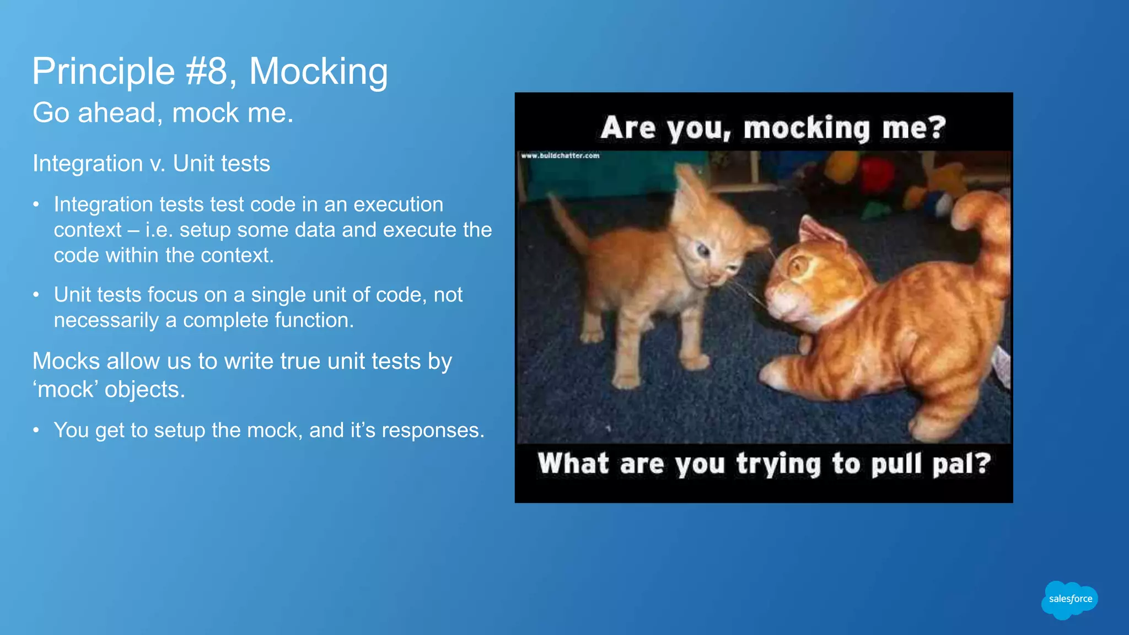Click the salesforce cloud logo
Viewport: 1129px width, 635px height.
(1069, 599)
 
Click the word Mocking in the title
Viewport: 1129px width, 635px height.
(319, 72)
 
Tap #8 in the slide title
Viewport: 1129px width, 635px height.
(207, 72)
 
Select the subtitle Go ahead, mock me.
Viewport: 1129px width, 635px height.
(163, 113)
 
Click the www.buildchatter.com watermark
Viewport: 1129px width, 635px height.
(560, 156)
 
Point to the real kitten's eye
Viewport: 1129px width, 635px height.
(704, 251)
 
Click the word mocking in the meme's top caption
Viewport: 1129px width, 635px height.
(806, 128)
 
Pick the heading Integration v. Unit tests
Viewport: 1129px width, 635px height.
(151, 164)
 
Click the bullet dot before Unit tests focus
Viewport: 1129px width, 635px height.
(36, 295)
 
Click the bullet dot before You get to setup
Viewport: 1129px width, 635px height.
(36, 430)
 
